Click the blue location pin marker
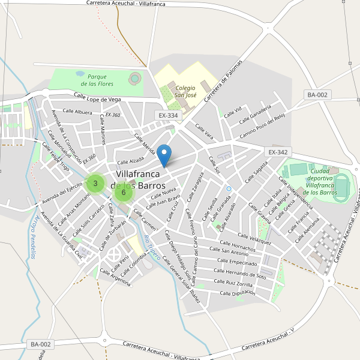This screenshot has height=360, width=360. pos(166,155)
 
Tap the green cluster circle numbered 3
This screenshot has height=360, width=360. pos(95,183)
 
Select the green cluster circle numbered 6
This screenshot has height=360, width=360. pos(123,192)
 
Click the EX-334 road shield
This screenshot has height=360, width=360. pos(169,115)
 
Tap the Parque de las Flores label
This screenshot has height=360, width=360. pos(97,80)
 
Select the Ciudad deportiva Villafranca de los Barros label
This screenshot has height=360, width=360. pos(320,181)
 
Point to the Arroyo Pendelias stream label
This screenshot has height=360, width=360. pos(30,236)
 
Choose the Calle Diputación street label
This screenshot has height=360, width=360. pos(238,293)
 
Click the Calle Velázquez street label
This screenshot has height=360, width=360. pos(254,239)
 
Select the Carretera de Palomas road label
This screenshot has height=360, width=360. pos(223,80)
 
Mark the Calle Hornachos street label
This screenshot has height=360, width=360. pos(233,247)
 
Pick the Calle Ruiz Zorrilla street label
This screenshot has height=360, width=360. pos(233,283)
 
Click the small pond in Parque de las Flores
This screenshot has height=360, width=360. pos(80,73)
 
